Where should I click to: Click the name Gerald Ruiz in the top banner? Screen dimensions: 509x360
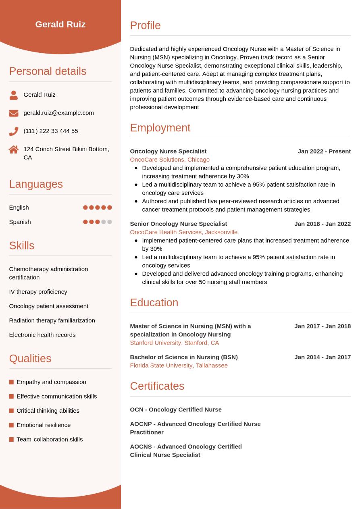[60, 24]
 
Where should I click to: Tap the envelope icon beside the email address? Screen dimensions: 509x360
[14, 113]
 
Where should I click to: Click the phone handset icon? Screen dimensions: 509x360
[14, 131]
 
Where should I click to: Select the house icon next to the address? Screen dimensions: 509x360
[14, 150]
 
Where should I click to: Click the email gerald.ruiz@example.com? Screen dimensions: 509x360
[58, 113]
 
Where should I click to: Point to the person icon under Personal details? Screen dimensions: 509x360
[14, 95]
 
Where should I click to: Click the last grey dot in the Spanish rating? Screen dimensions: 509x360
[110, 222]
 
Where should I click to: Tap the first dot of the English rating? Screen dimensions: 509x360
[85, 208]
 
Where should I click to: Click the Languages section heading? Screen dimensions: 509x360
[36, 184]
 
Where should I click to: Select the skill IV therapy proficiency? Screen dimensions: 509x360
[38, 292]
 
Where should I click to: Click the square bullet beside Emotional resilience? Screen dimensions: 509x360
[11, 425]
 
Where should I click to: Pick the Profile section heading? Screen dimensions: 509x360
[145, 25]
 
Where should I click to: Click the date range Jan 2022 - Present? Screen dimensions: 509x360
[324, 152]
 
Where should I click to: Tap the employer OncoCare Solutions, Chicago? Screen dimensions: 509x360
[170, 160]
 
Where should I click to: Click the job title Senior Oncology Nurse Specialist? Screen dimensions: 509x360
[178, 224]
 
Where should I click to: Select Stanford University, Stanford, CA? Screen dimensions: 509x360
[174, 343]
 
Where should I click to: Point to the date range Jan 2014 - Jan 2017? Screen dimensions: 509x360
[323, 357]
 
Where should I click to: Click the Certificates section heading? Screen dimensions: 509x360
[157, 386]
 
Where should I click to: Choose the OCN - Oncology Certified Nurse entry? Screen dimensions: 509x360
[176, 409]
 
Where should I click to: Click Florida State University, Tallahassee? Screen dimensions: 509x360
[179, 366]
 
